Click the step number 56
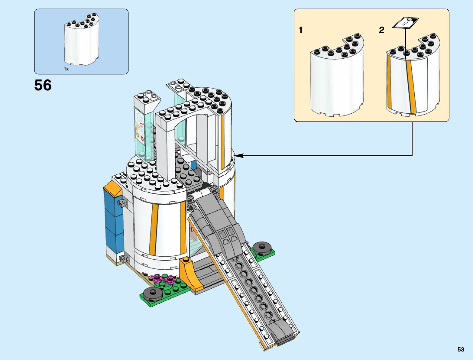pyautogui.click(x=43, y=85)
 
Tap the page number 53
pyautogui.click(x=461, y=349)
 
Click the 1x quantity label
pyautogui.click(x=66, y=69)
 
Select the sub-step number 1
pyautogui.click(x=300, y=30)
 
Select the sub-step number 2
pyautogui.click(x=382, y=30)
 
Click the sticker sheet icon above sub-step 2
pyautogui.click(x=406, y=23)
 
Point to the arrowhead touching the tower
pyautogui.click(x=238, y=156)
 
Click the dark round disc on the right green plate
pyautogui.click(x=261, y=248)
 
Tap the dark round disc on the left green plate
pyautogui.click(x=152, y=293)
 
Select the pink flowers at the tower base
pyautogui.click(x=163, y=279)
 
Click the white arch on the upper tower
pyautogui.click(x=184, y=121)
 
